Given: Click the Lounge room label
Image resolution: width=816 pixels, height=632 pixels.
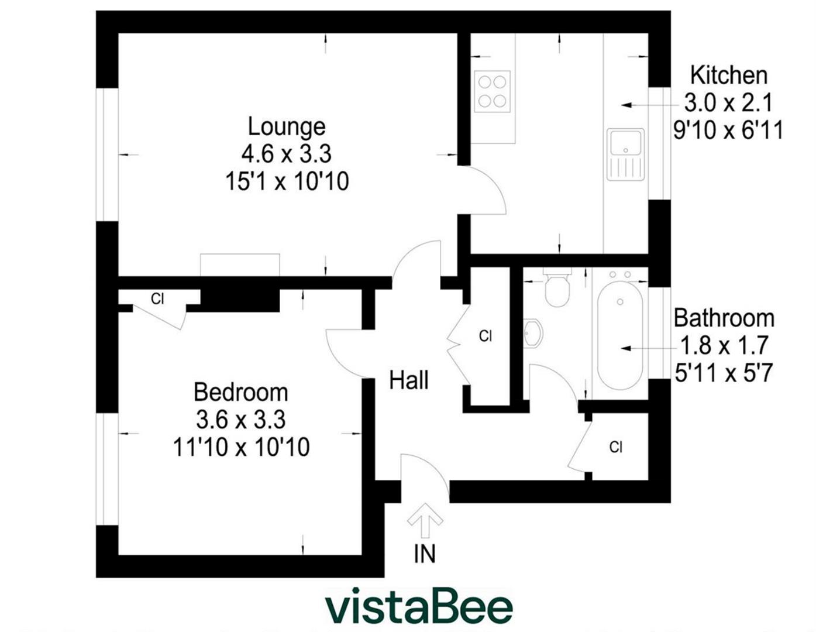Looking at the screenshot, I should pos(286,126).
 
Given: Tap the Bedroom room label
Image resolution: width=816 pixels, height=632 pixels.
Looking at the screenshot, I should pos(240,392).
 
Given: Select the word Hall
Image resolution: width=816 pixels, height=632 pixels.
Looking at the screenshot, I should pos(409,380).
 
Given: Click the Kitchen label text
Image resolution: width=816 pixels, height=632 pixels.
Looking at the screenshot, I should pos(728,75).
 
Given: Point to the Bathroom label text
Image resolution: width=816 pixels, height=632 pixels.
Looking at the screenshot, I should pos(724,318).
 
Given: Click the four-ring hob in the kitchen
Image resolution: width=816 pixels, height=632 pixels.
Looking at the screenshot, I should pos(492,91).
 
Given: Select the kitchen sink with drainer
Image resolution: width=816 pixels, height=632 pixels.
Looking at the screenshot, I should pos(625,154).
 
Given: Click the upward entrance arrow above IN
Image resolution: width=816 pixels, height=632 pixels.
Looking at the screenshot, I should pos(425,520).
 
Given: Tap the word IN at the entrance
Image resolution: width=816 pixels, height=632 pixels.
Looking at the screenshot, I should pos(425,554).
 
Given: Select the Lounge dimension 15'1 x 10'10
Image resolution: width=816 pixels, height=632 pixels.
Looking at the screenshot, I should pos(287,181).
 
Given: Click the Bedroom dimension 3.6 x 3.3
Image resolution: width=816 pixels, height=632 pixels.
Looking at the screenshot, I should pos(240,420).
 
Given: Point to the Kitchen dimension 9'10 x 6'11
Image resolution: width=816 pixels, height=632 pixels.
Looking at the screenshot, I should pos(728,130).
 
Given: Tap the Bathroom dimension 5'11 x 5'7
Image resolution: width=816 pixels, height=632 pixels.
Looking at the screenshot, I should pos(724,373).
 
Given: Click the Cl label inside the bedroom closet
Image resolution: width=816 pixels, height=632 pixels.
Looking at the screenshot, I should pos(157,299).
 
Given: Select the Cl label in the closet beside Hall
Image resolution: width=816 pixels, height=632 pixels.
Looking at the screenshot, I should pos(485,336).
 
